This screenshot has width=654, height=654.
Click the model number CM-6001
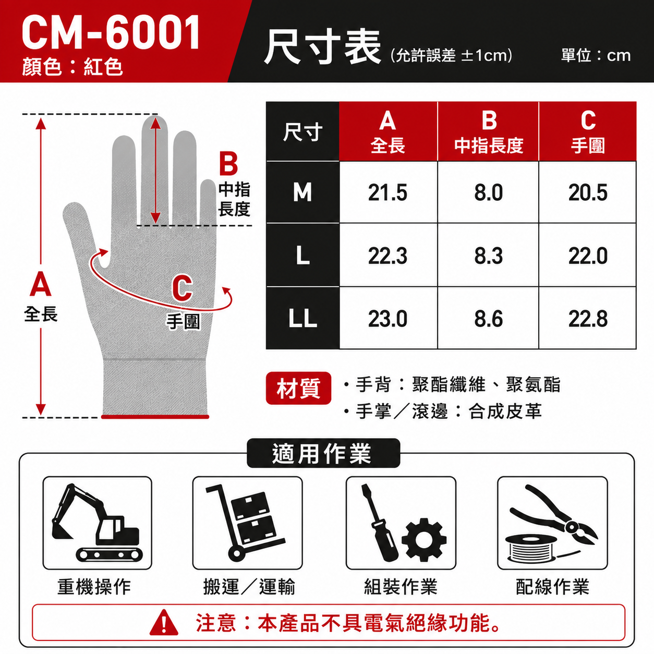coord(111,33)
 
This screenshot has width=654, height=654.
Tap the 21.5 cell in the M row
coord(388,192)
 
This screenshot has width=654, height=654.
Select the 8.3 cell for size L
coord(488,255)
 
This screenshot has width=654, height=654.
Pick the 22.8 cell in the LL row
coord(588,318)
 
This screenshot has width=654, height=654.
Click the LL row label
coord(302,318)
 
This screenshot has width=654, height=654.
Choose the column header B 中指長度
coord(488,131)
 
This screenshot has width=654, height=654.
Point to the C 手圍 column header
coord(588,131)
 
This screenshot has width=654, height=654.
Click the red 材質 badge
coord(298,388)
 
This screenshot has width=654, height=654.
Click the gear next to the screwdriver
coord(424,540)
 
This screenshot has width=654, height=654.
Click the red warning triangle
coord(164,623)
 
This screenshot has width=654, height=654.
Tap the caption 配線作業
coord(552,587)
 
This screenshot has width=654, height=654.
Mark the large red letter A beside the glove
coord(40,284)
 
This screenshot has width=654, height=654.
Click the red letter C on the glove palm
coord(182,288)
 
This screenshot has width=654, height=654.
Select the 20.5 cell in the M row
coord(588,192)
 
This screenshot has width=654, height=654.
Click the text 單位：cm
coord(596,55)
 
